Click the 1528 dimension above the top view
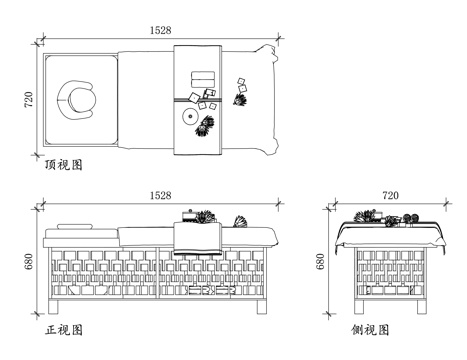click(x=160, y=30)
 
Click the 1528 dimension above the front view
click(x=160, y=195)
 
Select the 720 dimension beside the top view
click(x=29, y=99)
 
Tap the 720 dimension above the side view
click(x=390, y=195)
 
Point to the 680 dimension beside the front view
click(x=29, y=262)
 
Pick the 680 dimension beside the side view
click(x=320, y=262)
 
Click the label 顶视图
click(x=64, y=165)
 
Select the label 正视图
click(x=64, y=330)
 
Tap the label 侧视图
click(x=370, y=330)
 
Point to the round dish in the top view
click(x=190, y=116)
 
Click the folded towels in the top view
click(x=203, y=80)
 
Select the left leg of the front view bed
click(x=53, y=307)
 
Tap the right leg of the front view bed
click(x=262, y=307)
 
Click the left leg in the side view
click(x=359, y=307)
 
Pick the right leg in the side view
click(x=421, y=307)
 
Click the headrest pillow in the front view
click(x=75, y=226)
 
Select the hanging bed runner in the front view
click(x=197, y=239)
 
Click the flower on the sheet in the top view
click(x=240, y=99)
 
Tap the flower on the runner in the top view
click(x=204, y=126)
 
